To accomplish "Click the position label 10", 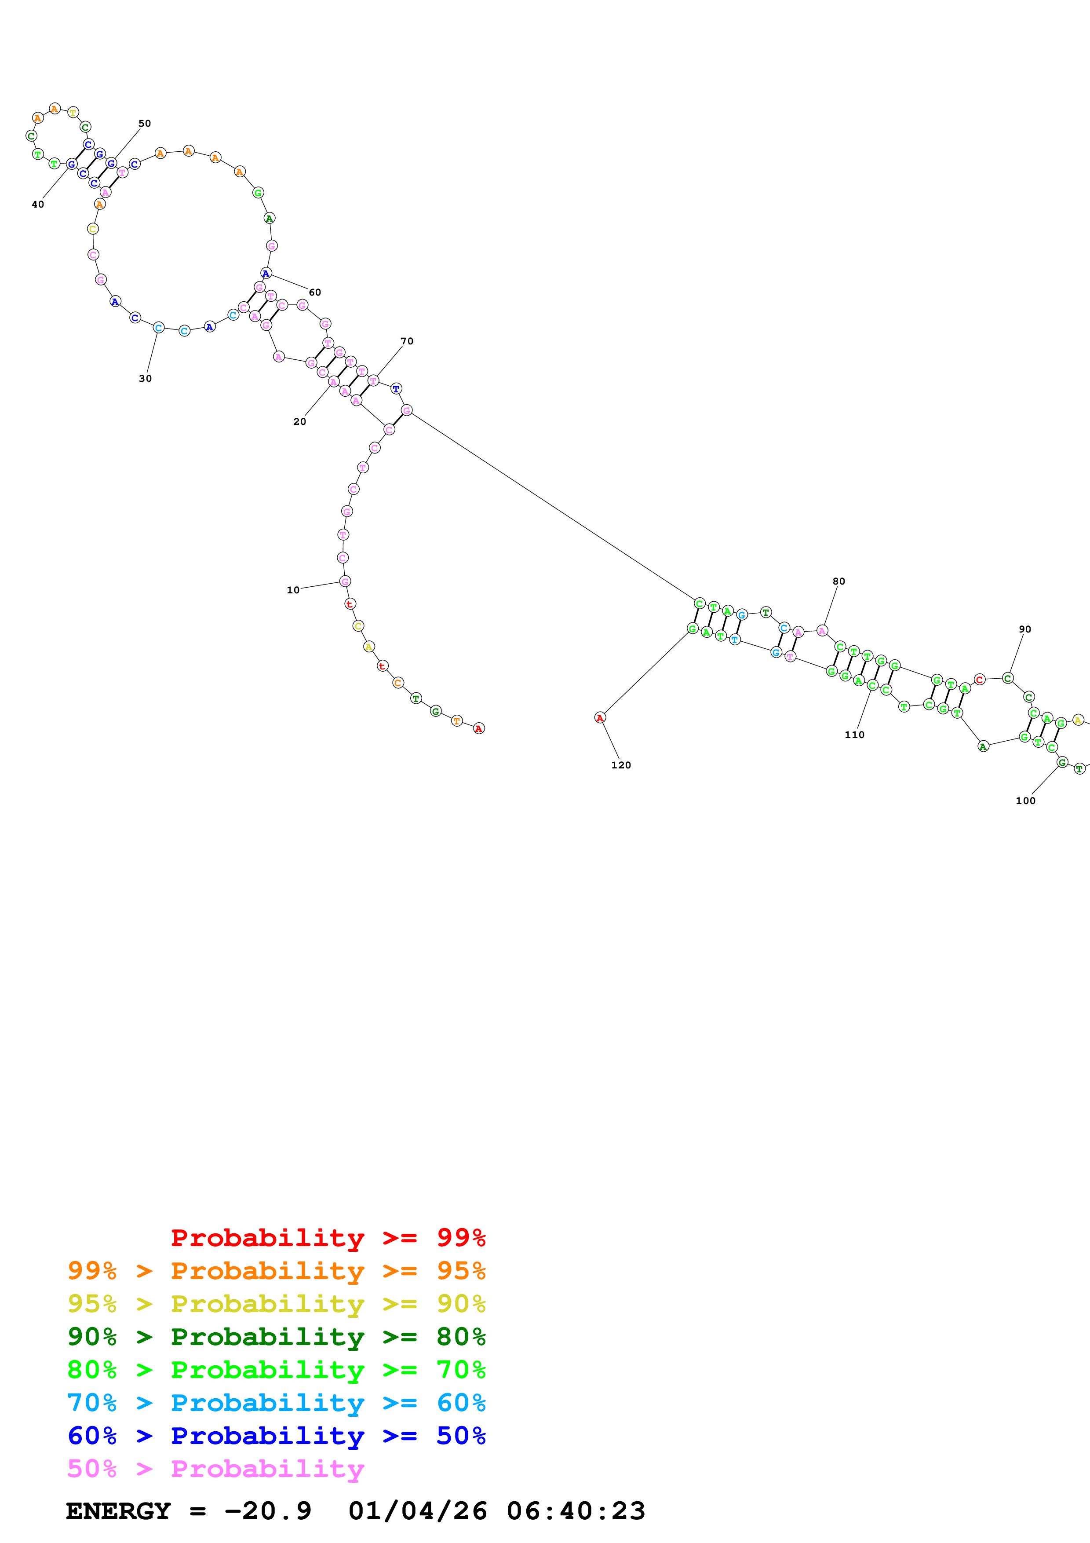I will click(x=293, y=590).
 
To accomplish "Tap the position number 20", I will click(x=299, y=421).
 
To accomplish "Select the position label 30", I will click(x=145, y=378).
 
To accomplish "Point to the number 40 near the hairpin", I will click(x=38, y=204).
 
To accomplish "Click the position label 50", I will click(x=144, y=124).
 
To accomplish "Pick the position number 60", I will click(x=314, y=293).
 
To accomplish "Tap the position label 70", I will click(x=406, y=341).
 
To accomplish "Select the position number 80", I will click(x=838, y=581).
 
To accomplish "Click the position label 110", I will click(x=854, y=735).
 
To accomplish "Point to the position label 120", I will click(x=620, y=765).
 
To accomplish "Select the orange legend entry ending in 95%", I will click(x=276, y=1270).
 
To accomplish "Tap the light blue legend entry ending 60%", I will click(x=276, y=1403).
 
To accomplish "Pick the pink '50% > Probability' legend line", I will click(x=215, y=1468).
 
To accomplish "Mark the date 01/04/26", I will click(x=417, y=1511).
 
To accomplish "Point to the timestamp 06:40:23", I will click(x=576, y=1511).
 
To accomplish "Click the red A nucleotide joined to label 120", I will click(x=600, y=718).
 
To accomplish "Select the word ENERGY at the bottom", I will click(x=118, y=1511).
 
